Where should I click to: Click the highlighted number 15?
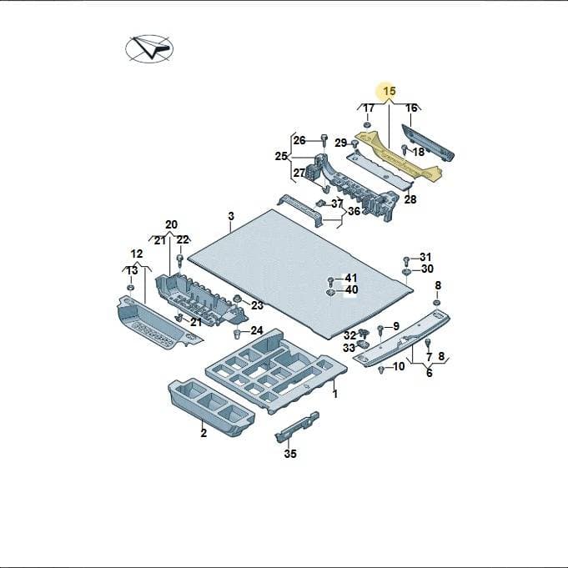(x=390, y=91)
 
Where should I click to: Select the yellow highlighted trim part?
(x=398, y=155)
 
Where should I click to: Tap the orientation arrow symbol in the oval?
(x=149, y=48)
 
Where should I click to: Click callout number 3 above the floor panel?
(x=231, y=216)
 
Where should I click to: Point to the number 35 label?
(x=290, y=454)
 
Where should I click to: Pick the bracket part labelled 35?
(x=297, y=427)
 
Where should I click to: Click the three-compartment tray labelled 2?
(x=211, y=406)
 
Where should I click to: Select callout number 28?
(x=410, y=199)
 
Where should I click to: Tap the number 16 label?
(x=411, y=108)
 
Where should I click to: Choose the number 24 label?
(x=257, y=330)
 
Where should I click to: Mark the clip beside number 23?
(x=237, y=299)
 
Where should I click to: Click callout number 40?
(x=351, y=289)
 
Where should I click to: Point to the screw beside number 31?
(x=406, y=260)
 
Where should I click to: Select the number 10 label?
(x=399, y=367)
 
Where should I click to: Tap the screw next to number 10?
(x=380, y=369)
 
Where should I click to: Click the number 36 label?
(x=354, y=211)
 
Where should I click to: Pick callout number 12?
(x=137, y=254)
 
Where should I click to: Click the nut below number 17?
(x=366, y=125)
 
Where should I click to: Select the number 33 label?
(x=349, y=348)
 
